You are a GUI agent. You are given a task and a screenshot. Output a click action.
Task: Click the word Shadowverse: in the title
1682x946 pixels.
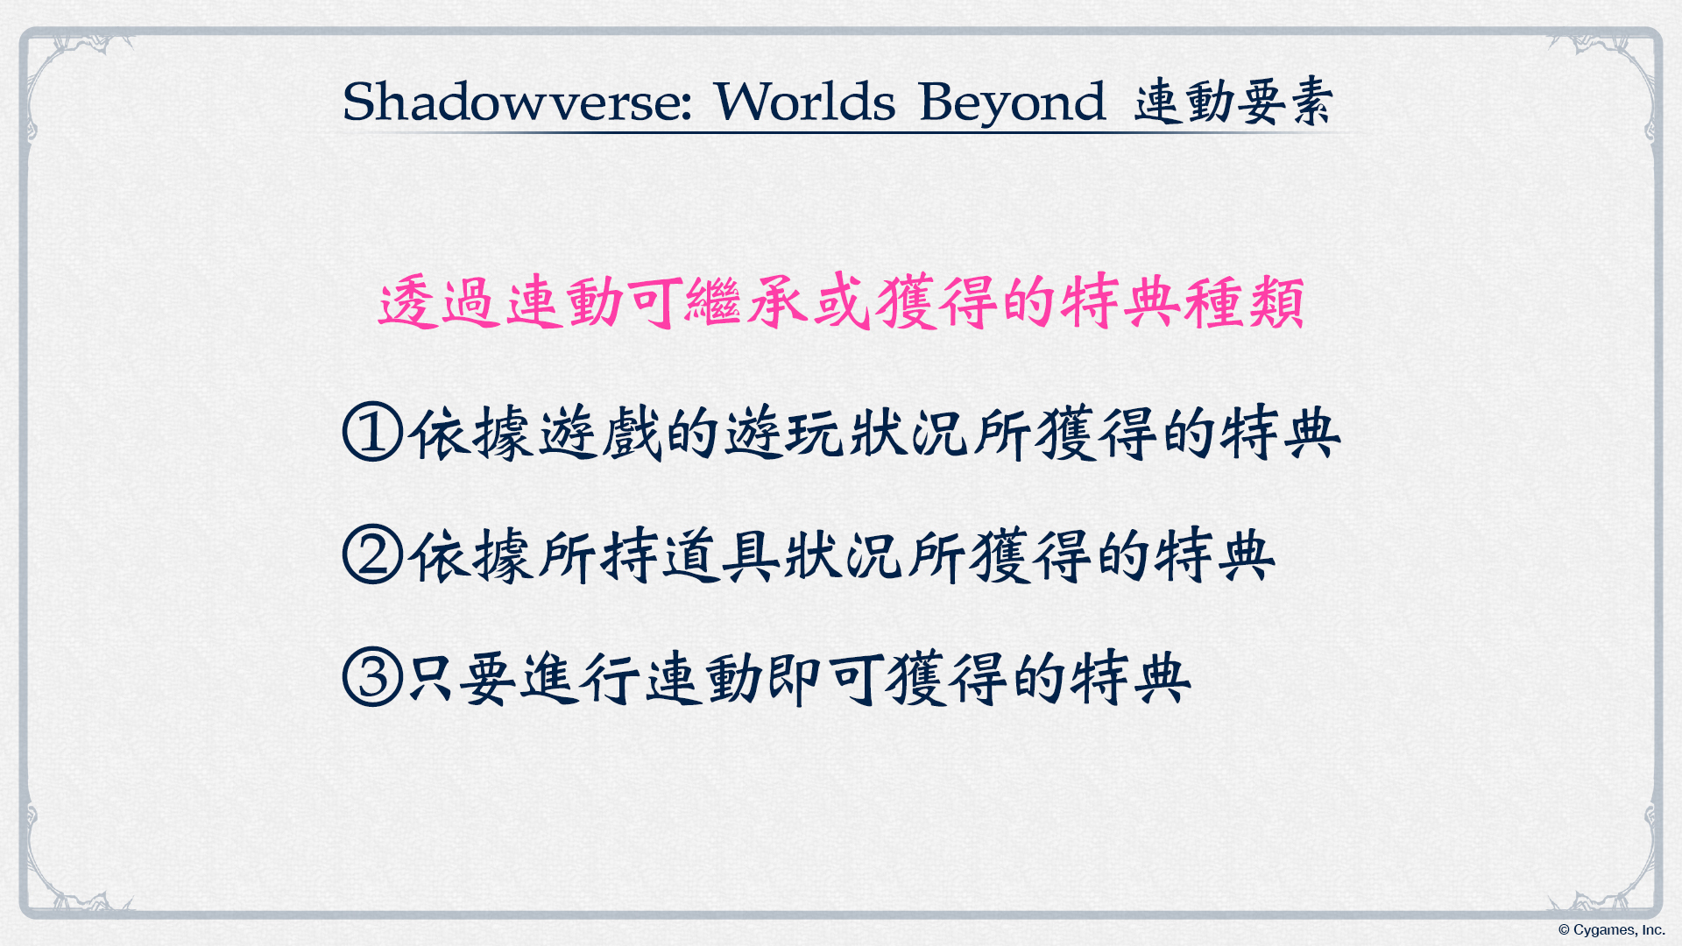tap(517, 102)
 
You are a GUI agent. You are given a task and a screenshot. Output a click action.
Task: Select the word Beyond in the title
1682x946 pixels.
tap(1012, 103)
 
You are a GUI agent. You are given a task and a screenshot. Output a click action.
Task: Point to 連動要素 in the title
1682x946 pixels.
tap(1233, 102)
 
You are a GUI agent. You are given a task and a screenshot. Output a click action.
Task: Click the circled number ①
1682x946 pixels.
tap(372, 431)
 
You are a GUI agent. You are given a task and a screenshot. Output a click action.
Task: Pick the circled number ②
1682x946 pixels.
tap(372, 554)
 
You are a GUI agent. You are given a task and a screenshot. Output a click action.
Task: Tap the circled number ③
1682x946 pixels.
tap(372, 676)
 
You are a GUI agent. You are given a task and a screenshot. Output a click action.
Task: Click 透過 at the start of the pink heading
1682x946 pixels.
tap(440, 303)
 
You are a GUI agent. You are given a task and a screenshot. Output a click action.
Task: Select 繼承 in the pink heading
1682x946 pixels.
tap(746, 303)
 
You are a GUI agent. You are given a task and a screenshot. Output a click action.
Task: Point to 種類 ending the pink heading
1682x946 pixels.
tap(1244, 303)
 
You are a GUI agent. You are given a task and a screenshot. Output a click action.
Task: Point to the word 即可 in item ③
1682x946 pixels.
tap(823, 678)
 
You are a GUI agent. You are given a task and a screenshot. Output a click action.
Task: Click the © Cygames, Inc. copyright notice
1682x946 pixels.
tap(1611, 930)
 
